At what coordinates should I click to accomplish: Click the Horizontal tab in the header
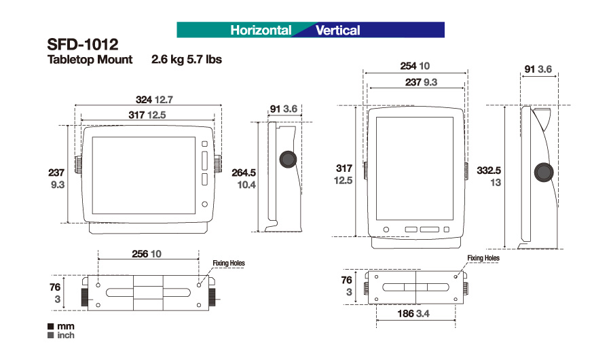coord(261,30)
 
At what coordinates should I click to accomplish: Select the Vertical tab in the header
coord(338,30)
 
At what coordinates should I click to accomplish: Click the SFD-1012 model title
coord(83,44)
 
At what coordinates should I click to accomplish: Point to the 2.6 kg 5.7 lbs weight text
coord(187,59)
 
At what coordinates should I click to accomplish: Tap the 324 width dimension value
coord(143,100)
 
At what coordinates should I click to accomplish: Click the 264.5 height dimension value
coord(244,173)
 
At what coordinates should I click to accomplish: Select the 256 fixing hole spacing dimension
coord(140,254)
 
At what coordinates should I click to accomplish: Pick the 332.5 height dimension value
coord(489,170)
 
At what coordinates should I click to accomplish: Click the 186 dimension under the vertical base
coord(405,314)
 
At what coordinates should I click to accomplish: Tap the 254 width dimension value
coord(409,66)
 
